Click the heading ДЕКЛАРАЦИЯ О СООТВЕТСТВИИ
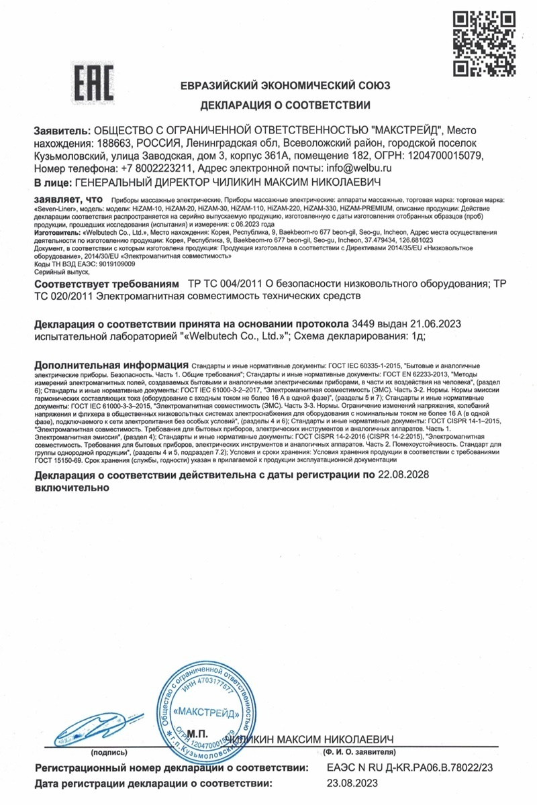285,105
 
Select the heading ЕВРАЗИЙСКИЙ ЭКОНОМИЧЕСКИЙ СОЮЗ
285,85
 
